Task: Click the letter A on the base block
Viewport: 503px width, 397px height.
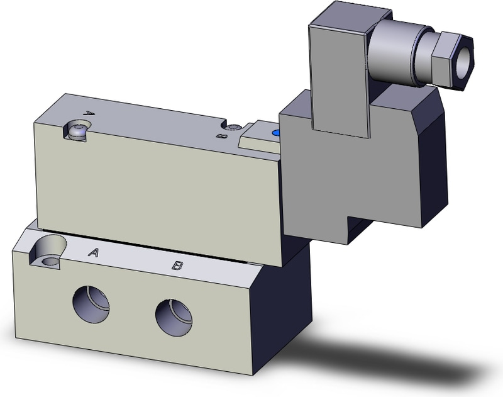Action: [94, 253]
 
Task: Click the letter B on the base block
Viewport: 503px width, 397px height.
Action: [178, 266]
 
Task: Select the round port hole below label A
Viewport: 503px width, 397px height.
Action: [91, 304]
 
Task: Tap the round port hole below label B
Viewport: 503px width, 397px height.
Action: [173, 318]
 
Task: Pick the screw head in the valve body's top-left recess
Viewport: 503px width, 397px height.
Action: [78, 131]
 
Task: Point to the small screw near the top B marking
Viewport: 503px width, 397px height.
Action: [235, 128]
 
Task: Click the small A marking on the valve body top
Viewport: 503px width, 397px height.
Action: [89, 114]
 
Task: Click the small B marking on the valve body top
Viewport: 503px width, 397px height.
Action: [220, 135]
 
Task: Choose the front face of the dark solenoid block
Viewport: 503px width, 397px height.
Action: [327, 182]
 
